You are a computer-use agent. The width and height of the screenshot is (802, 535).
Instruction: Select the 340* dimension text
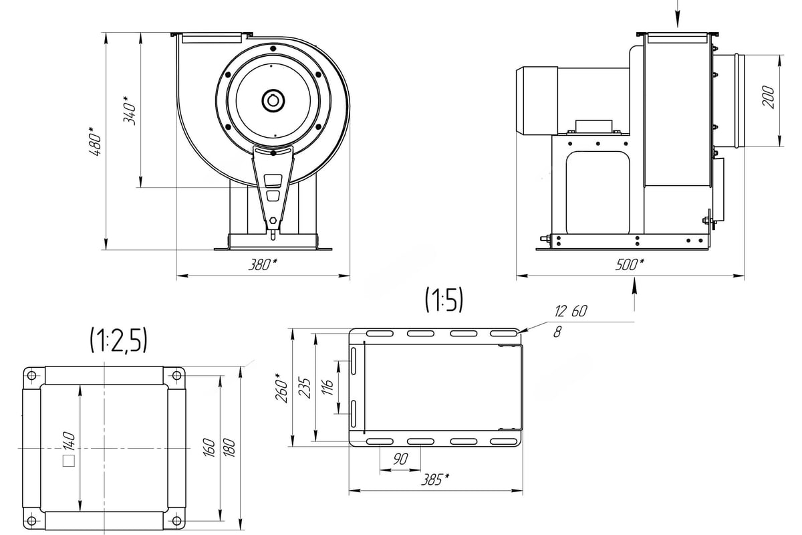[x=129, y=110]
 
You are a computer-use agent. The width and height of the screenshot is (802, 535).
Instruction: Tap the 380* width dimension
[x=263, y=265]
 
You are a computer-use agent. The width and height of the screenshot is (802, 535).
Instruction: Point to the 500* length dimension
[x=630, y=265]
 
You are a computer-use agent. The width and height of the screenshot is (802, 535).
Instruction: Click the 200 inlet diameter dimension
[x=768, y=97]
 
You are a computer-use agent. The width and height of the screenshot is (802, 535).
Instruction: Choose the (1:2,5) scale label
[x=118, y=340]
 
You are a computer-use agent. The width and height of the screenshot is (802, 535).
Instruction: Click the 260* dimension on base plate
[x=281, y=388]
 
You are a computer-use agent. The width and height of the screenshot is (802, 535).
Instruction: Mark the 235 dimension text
[x=304, y=387]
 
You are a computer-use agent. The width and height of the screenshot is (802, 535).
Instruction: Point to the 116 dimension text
[x=327, y=387]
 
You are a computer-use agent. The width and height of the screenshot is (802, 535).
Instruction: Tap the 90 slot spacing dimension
[x=400, y=459]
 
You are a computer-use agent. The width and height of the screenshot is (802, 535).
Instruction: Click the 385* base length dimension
[x=435, y=479]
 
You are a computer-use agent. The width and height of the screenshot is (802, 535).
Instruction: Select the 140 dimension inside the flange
[x=69, y=441]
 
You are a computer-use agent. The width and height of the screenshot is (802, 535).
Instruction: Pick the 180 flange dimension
[x=229, y=447]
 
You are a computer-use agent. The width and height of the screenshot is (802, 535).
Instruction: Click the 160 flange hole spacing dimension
[x=209, y=447]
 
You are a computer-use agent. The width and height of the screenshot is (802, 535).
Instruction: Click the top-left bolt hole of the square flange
[x=31, y=376]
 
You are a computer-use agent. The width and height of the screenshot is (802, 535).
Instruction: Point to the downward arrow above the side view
[x=677, y=13]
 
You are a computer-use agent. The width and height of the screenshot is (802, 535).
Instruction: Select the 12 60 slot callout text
[x=571, y=311]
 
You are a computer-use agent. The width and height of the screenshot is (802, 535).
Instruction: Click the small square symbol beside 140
[x=69, y=461]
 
